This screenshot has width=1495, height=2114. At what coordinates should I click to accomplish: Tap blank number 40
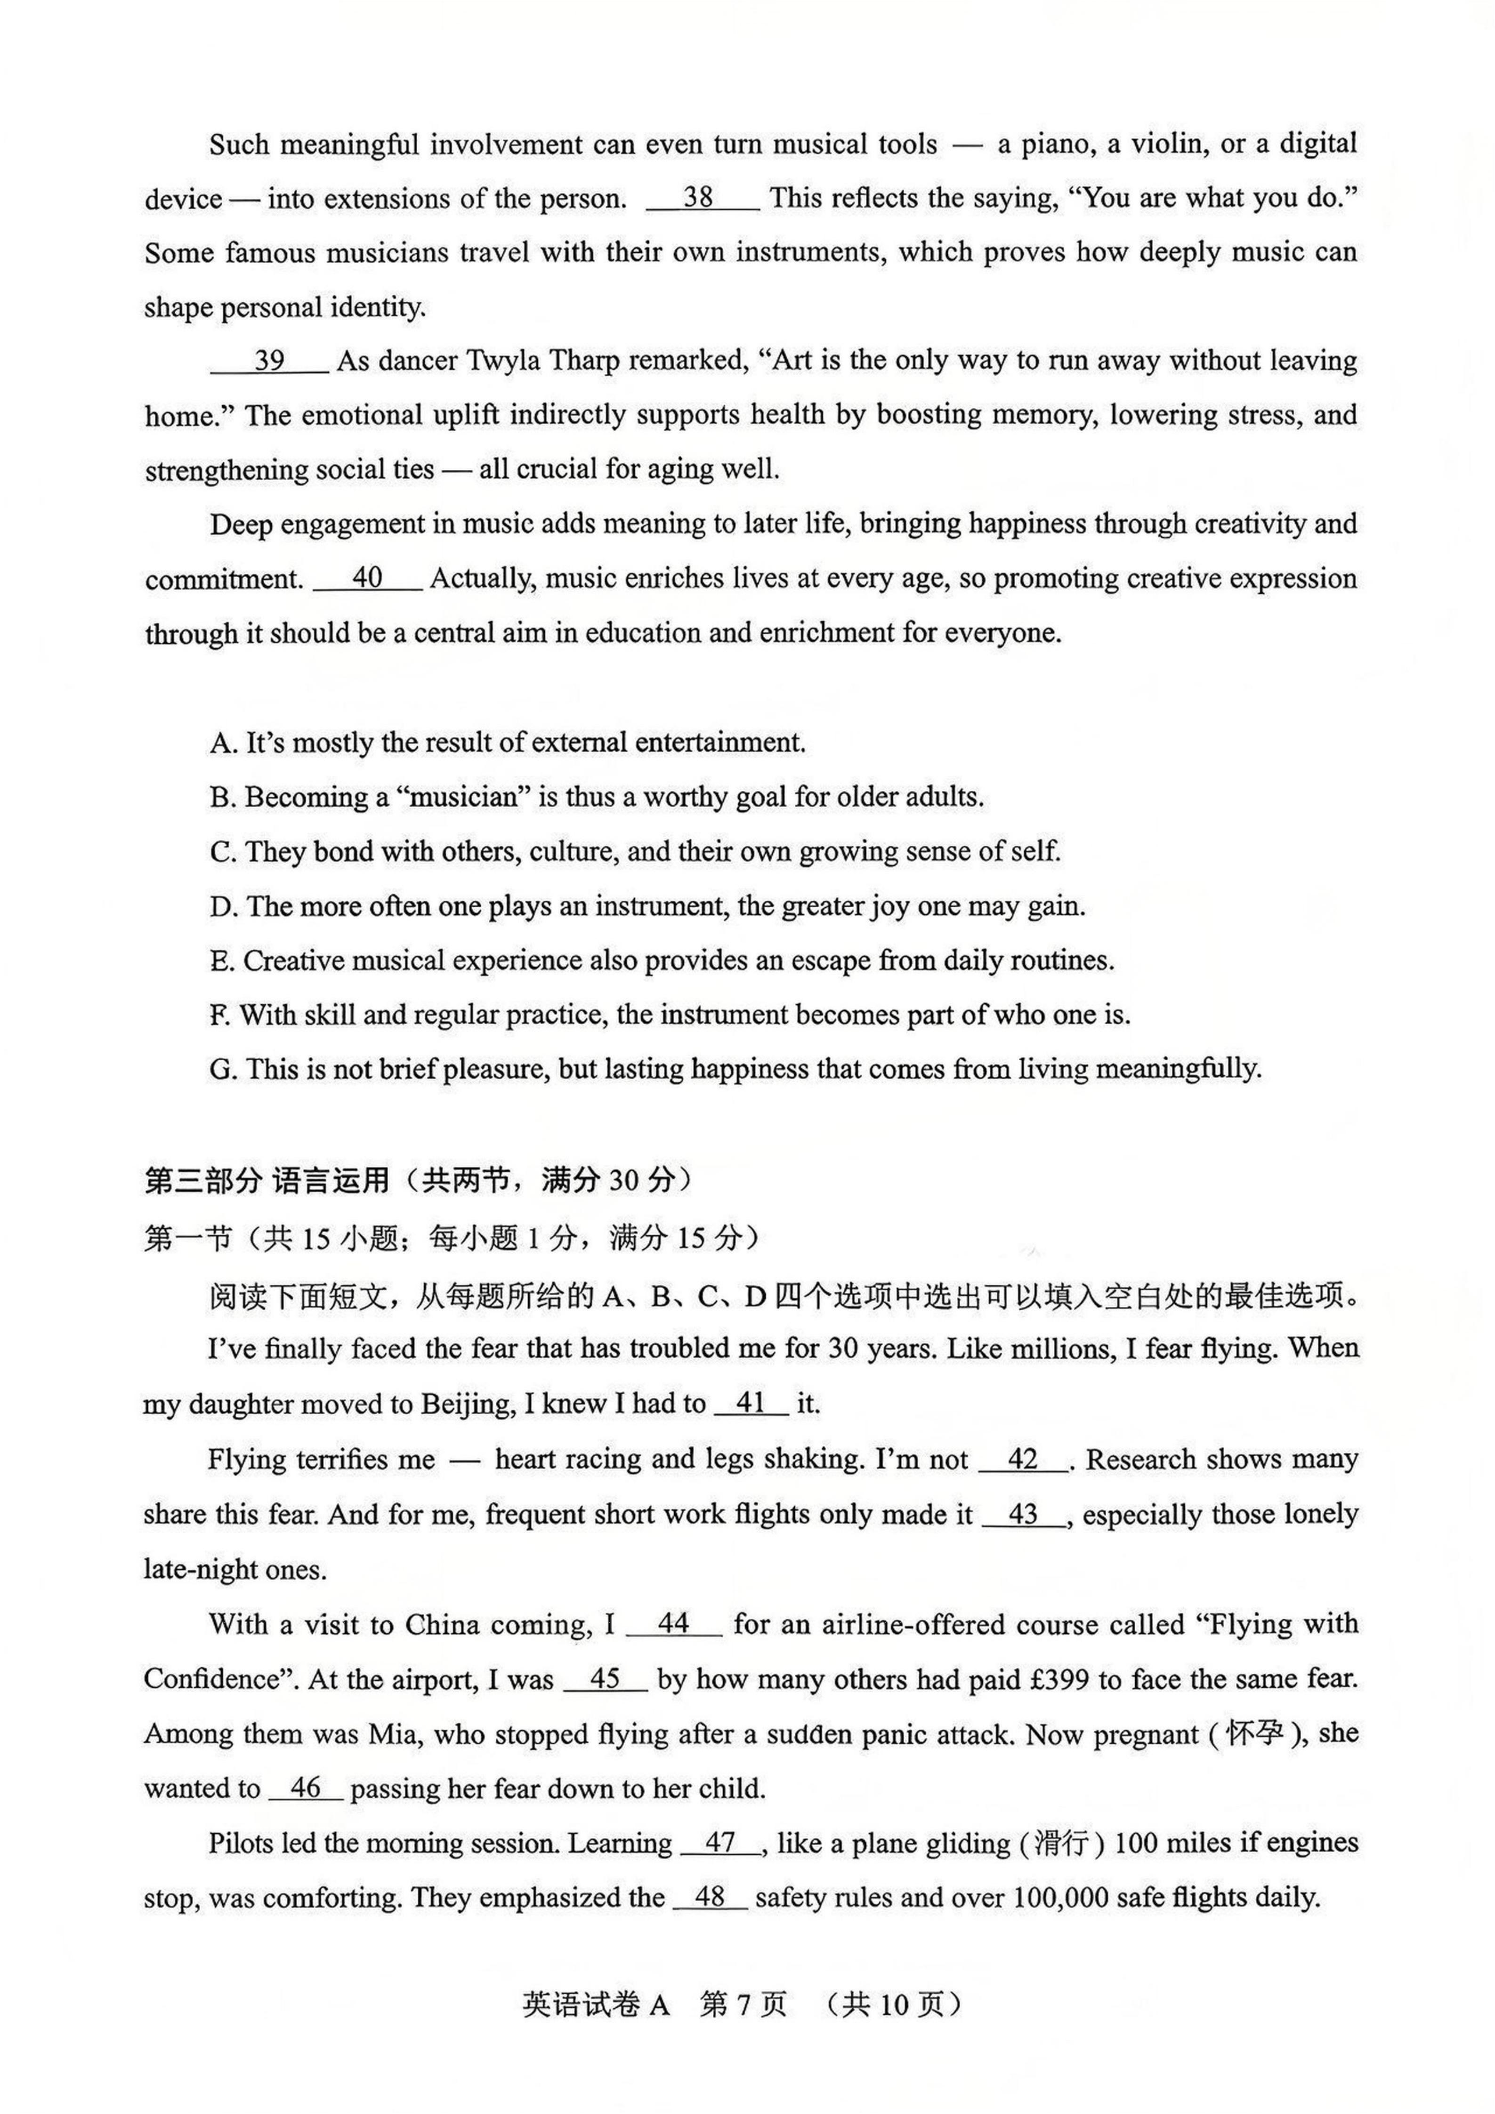click(x=367, y=578)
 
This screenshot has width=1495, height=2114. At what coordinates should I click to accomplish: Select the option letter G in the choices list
click(x=221, y=1069)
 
